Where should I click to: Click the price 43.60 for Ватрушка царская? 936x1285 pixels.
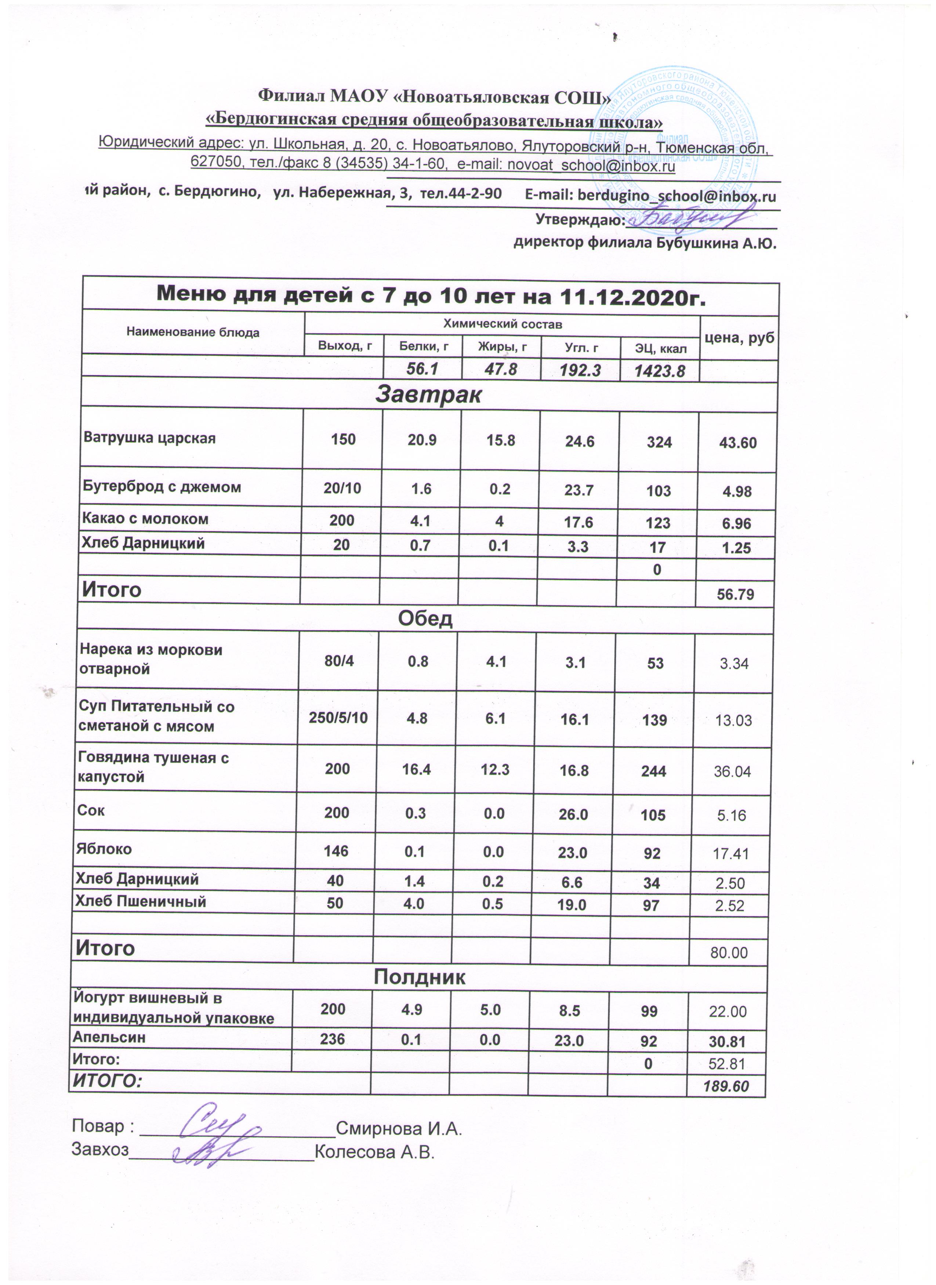click(738, 443)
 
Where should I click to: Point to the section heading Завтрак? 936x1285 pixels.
click(428, 395)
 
